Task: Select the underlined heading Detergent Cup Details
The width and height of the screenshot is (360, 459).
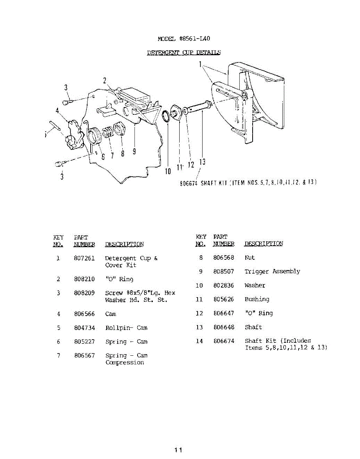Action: coord(184,52)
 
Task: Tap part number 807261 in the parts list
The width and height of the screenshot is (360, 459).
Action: coord(84,258)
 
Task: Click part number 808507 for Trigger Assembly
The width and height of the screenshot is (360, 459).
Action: coord(224,272)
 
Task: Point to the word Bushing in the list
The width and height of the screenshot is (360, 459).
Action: coord(257,299)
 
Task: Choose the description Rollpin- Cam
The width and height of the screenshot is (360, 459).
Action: coord(126,328)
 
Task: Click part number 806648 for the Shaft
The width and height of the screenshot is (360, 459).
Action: coord(224,327)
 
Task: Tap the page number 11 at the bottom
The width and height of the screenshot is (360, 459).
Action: coord(178,450)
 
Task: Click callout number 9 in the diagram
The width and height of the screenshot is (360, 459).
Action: coord(134,151)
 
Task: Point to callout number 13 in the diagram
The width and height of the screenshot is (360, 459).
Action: coord(203,162)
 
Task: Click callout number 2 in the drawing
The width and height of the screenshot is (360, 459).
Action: coord(104,80)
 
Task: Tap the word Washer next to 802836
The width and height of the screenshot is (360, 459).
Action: coord(255,285)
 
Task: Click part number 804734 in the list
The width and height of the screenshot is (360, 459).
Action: coord(84,328)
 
